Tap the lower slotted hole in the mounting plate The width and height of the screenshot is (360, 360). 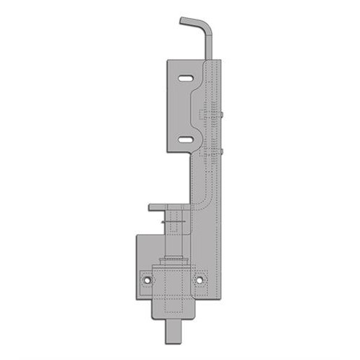[185, 139]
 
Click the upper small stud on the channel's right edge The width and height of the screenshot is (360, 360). [225, 113]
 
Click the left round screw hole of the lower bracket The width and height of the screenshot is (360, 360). [147, 278]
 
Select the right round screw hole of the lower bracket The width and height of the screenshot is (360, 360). [200, 278]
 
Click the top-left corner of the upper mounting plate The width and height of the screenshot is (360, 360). [168, 60]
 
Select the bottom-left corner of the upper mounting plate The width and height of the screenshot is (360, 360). [168, 152]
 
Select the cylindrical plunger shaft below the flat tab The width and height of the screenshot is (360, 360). [175, 234]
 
